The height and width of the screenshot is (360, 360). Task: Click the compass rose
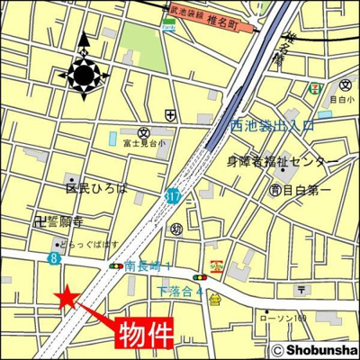[85, 73]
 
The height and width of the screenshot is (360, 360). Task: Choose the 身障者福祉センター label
[282, 162]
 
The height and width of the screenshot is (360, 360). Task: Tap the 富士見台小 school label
[145, 144]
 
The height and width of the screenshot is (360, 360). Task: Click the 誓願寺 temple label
[64, 219]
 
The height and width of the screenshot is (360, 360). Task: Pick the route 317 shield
[171, 193]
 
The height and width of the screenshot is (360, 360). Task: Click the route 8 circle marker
[53, 259]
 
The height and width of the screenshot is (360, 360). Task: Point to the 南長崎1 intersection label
[149, 265]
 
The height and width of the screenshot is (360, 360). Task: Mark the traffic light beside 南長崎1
[115, 266]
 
